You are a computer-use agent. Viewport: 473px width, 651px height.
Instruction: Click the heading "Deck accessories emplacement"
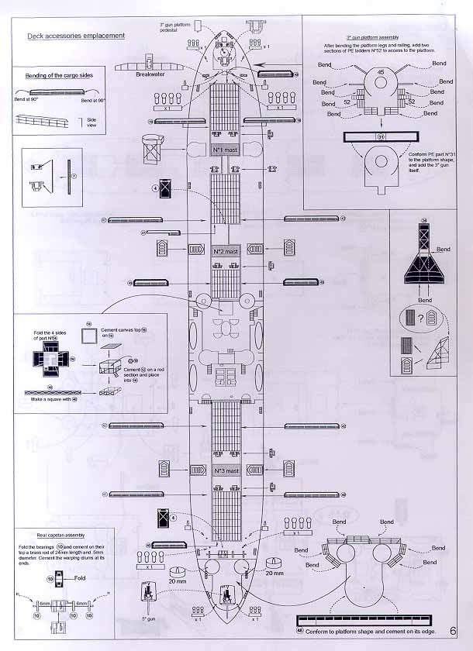tap(75, 36)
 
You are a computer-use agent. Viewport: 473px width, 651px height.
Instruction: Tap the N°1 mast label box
tap(225, 148)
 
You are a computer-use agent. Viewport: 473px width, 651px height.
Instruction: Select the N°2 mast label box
tap(225, 252)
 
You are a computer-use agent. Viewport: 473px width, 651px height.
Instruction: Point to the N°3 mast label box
tap(225, 470)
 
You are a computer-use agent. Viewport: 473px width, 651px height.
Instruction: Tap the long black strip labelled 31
tap(380, 138)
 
